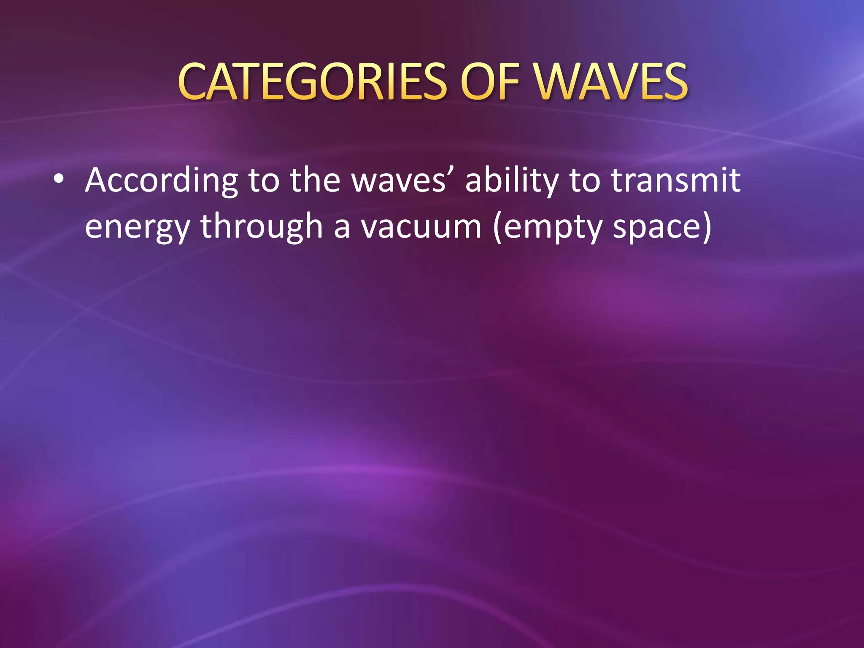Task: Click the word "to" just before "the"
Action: click(x=264, y=181)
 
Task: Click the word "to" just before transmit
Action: click(x=585, y=181)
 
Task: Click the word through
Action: click(x=262, y=227)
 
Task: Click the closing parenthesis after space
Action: click(x=706, y=227)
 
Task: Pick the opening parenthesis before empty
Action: click(x=498, y=227)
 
